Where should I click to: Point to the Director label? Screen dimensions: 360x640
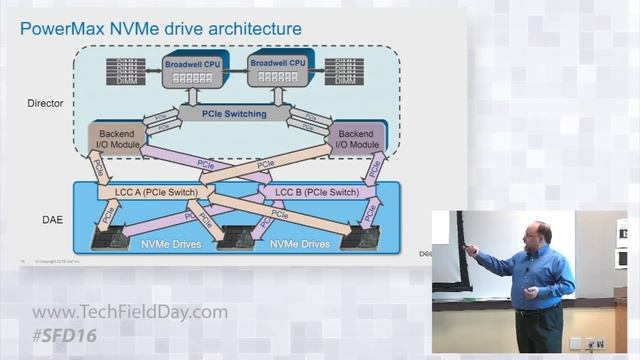[45, 103]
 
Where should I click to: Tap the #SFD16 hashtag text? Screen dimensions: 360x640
[66, 334]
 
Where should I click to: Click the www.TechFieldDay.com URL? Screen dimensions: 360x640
[129, 312]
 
